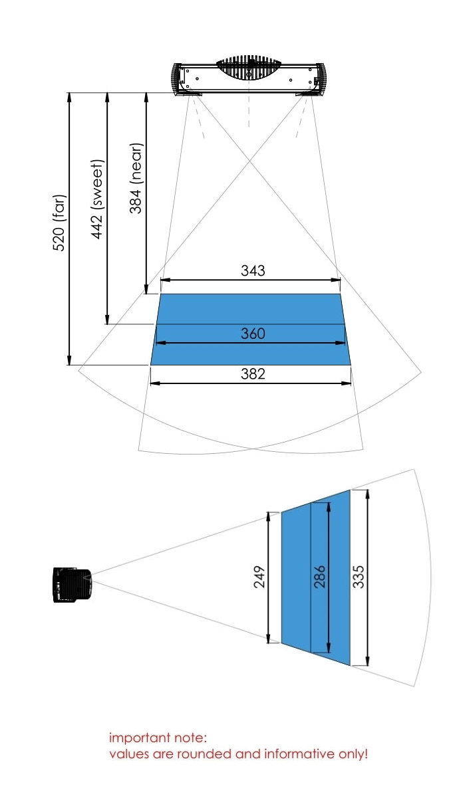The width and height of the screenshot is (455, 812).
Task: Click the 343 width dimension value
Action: point(253,270)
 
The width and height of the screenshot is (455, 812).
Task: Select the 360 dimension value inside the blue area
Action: point(253,334)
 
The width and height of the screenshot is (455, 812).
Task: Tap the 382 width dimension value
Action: point(253,373)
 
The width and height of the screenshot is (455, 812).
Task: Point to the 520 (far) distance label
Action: point(59,223)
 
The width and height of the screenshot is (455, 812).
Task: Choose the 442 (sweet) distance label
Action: point(97,199)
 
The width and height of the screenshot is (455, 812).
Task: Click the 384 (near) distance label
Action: point(136,178)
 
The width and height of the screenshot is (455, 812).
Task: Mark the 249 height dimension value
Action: point(259,577)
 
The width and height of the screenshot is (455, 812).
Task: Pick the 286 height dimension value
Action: point(320,577)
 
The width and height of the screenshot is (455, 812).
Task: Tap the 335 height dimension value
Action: point(358,577)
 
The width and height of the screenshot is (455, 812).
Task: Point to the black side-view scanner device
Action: point(73,585)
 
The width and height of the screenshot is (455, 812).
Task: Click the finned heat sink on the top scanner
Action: point(249,70)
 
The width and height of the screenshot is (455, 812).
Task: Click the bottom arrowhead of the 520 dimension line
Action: point(69,360)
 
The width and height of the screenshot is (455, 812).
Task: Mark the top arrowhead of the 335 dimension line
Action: point(368,494)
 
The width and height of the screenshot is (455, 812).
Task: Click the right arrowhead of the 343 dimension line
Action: point(336,280)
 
